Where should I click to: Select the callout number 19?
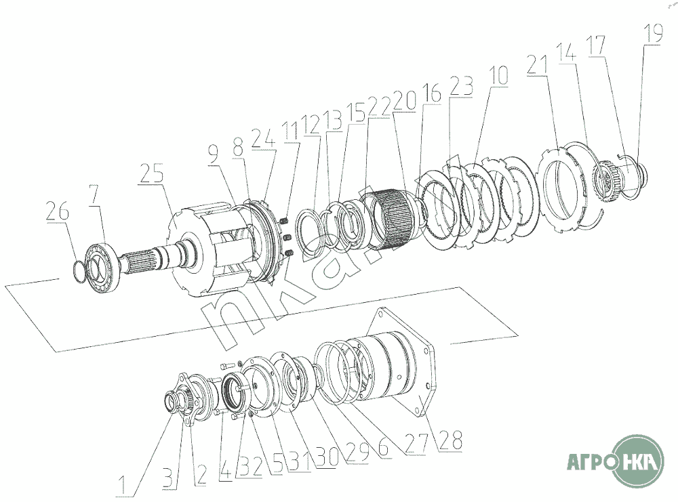[653, 33]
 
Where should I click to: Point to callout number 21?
[537, 65]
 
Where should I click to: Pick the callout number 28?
[451, 440]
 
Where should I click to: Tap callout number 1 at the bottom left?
[123, 486]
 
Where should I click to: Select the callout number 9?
[214, 154]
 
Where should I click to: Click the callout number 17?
[596, 45]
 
